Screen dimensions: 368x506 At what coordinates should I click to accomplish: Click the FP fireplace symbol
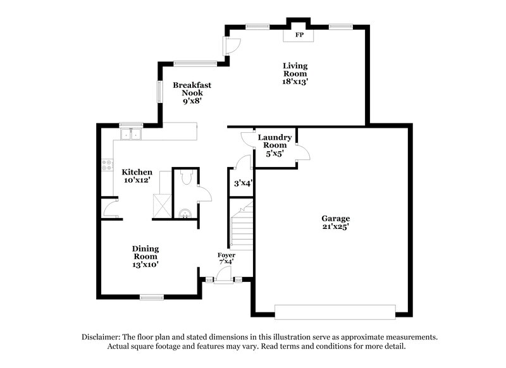pos(299,35)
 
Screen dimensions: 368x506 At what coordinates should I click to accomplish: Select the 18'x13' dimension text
pos(295,81)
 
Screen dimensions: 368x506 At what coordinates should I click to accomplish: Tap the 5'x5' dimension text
pos(275,152)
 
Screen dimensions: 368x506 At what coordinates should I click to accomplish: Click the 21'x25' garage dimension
pos(335,226)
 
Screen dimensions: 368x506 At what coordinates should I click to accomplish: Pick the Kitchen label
pos(137,172)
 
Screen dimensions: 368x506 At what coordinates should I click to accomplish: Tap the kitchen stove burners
pos(106,166)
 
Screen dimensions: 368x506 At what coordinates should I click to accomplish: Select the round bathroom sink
pos(185,213)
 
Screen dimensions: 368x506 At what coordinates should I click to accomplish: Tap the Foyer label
pos(226,255)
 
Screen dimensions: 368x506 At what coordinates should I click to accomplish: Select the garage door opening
pos(335,310)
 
